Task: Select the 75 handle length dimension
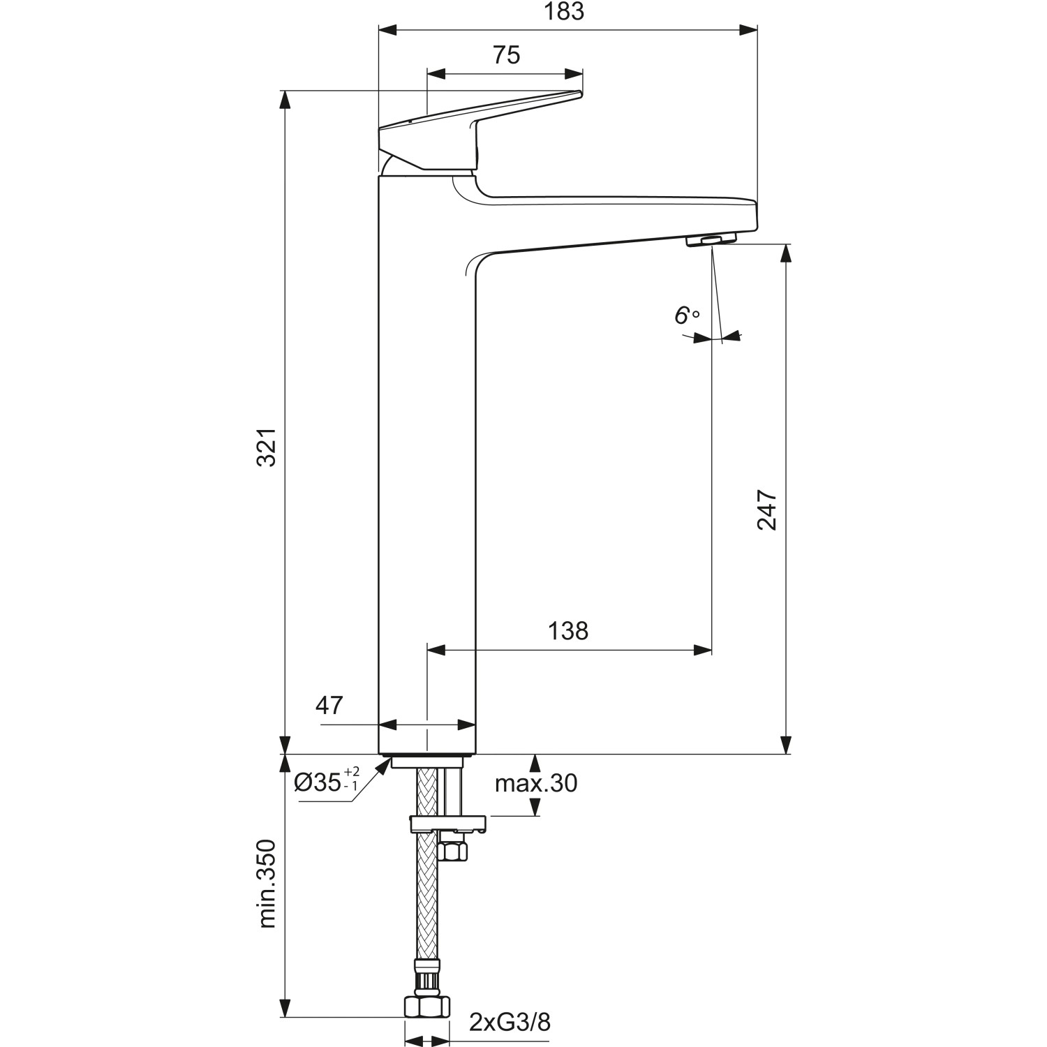click(x=507, y=55)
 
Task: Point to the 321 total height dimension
click(x=267, y=447)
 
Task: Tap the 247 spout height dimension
click(x=767, y=510)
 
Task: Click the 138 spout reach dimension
click(x=568, y=631)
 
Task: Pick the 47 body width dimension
click(x=329, y=706)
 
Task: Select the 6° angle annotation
click(x=686, y=316)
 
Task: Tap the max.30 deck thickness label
click(x=536, y=783)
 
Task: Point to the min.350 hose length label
click(x=267, y=884)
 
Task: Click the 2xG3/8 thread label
click(x=510, y=1023)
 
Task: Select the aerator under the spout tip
click(x=711, y=241)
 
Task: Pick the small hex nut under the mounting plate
click(x=454, y=851)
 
